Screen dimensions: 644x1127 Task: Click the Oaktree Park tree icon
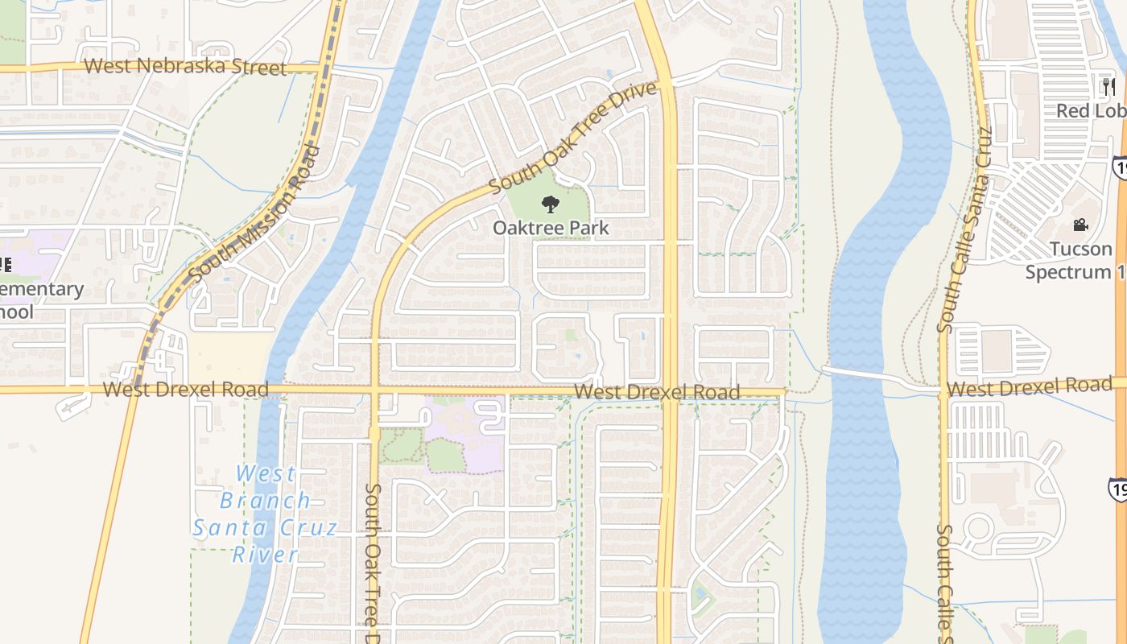pyautogui.click(x=550, y=204)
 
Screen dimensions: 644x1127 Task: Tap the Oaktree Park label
pyautogui.click(x=551, y=228)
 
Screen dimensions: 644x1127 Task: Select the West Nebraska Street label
pyautogui.click(x=185, y=66)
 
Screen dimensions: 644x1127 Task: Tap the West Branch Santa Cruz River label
pyautogui.click(x=265, y=514)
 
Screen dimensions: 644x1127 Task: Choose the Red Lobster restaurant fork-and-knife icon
pyautogui.click(x=1109, y=86)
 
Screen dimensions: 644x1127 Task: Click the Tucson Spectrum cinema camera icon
pyautogui.click(x=1080, y=225)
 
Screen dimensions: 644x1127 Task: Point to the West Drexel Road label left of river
pyautogui.click(x=186, y=390)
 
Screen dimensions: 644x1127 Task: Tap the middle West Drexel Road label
pyautogui.click(x=656, y=392)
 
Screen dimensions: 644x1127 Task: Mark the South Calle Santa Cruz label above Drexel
pyautogui.click(x=963, y=229)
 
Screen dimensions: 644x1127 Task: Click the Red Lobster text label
pyautogui.click(x=1091, y=110)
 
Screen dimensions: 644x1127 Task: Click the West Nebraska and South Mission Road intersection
pyautogui.click(x=326, y=68)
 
